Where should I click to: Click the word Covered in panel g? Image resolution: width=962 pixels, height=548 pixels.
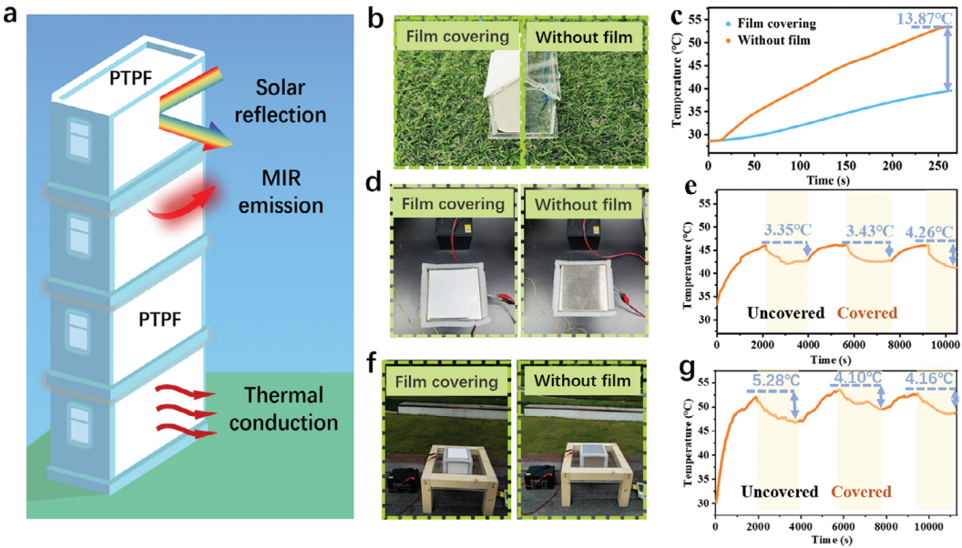[860, 492]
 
